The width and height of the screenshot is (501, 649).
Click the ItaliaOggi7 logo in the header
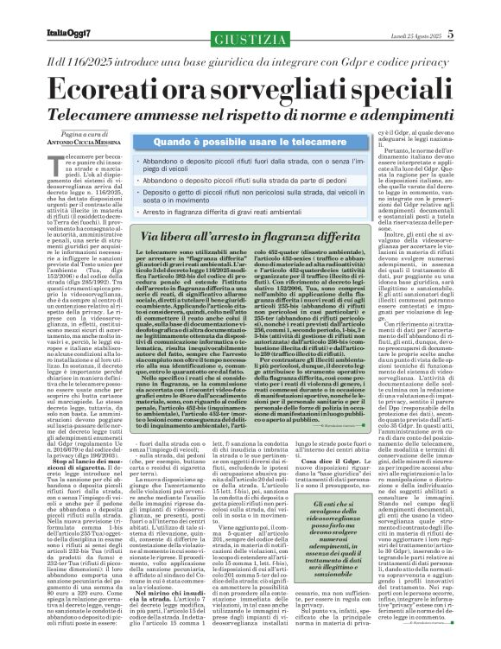pos(34,10)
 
